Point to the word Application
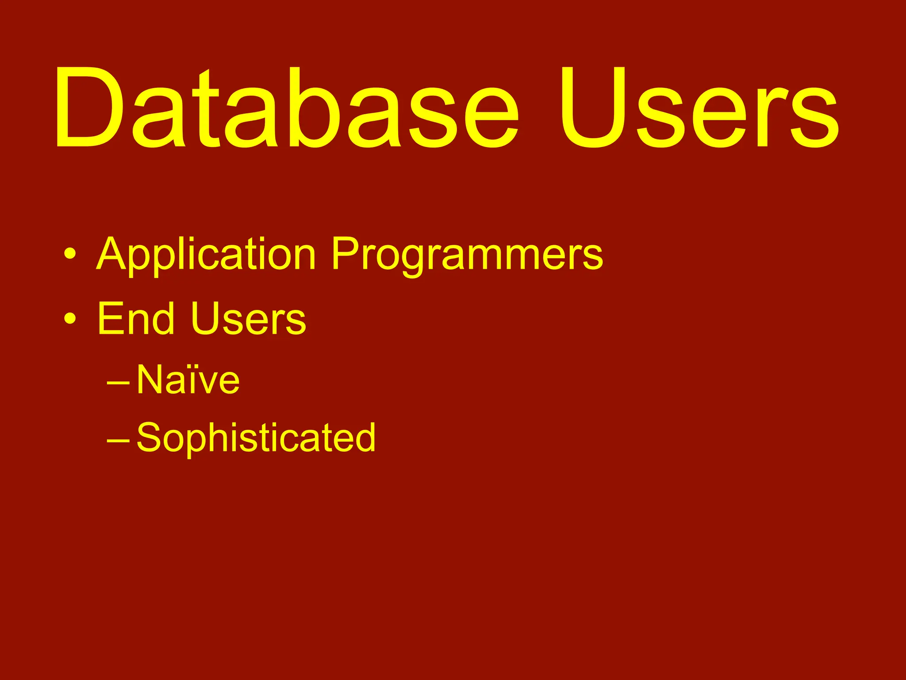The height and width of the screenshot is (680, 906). coord(206,255)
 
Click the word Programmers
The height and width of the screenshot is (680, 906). coord(467,255)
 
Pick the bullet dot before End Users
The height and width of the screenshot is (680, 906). coord(69,318)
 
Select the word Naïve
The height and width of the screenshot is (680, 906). coord(188,379)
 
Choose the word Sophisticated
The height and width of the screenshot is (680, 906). coord(256,438)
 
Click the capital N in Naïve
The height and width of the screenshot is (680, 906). coord(150,379)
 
